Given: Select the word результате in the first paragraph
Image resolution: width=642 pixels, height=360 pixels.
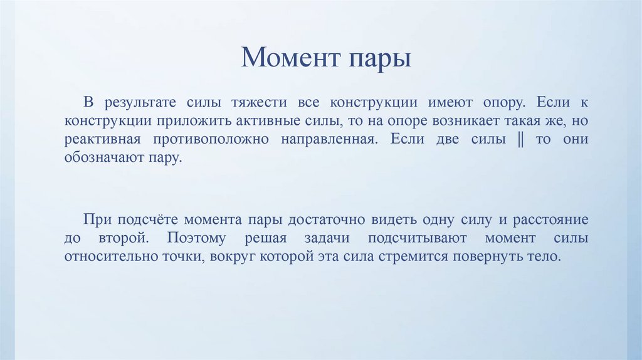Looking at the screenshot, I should click(140, 102).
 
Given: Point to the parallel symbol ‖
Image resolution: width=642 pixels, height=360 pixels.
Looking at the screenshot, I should click(520, 139).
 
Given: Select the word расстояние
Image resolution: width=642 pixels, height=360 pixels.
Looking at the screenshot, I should click(550, 220).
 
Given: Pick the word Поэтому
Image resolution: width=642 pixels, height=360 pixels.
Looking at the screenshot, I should click(204, 239).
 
